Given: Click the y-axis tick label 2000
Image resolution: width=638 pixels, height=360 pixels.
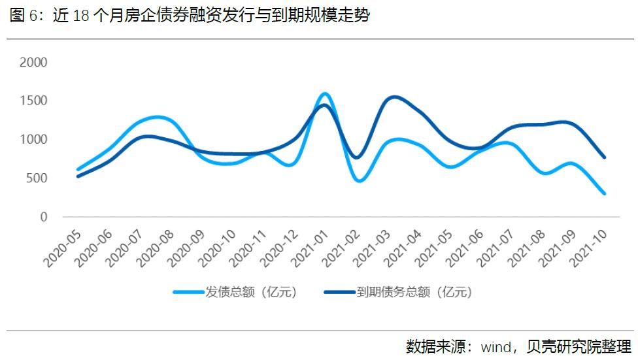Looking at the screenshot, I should coord(34,62).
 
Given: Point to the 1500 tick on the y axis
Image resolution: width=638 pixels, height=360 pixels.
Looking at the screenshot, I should coord(34,101).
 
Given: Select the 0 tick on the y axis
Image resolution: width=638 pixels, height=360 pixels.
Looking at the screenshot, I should coord(44,217).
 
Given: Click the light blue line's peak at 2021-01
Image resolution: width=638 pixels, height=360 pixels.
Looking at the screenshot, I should coord(325,94).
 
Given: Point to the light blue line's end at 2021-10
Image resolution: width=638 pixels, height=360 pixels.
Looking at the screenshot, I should coord(604,193).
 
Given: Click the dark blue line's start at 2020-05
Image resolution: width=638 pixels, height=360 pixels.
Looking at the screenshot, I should coord(78,176).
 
